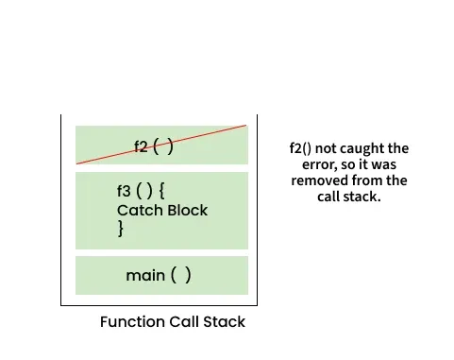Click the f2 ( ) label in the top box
coord(154,146)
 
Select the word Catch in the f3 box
coord(137,210)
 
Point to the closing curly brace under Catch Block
coord(121,229)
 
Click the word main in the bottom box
coord(144,275)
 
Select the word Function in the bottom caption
coord(131,322)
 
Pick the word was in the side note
coord(391,164)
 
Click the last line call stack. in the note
coord(348,197)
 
